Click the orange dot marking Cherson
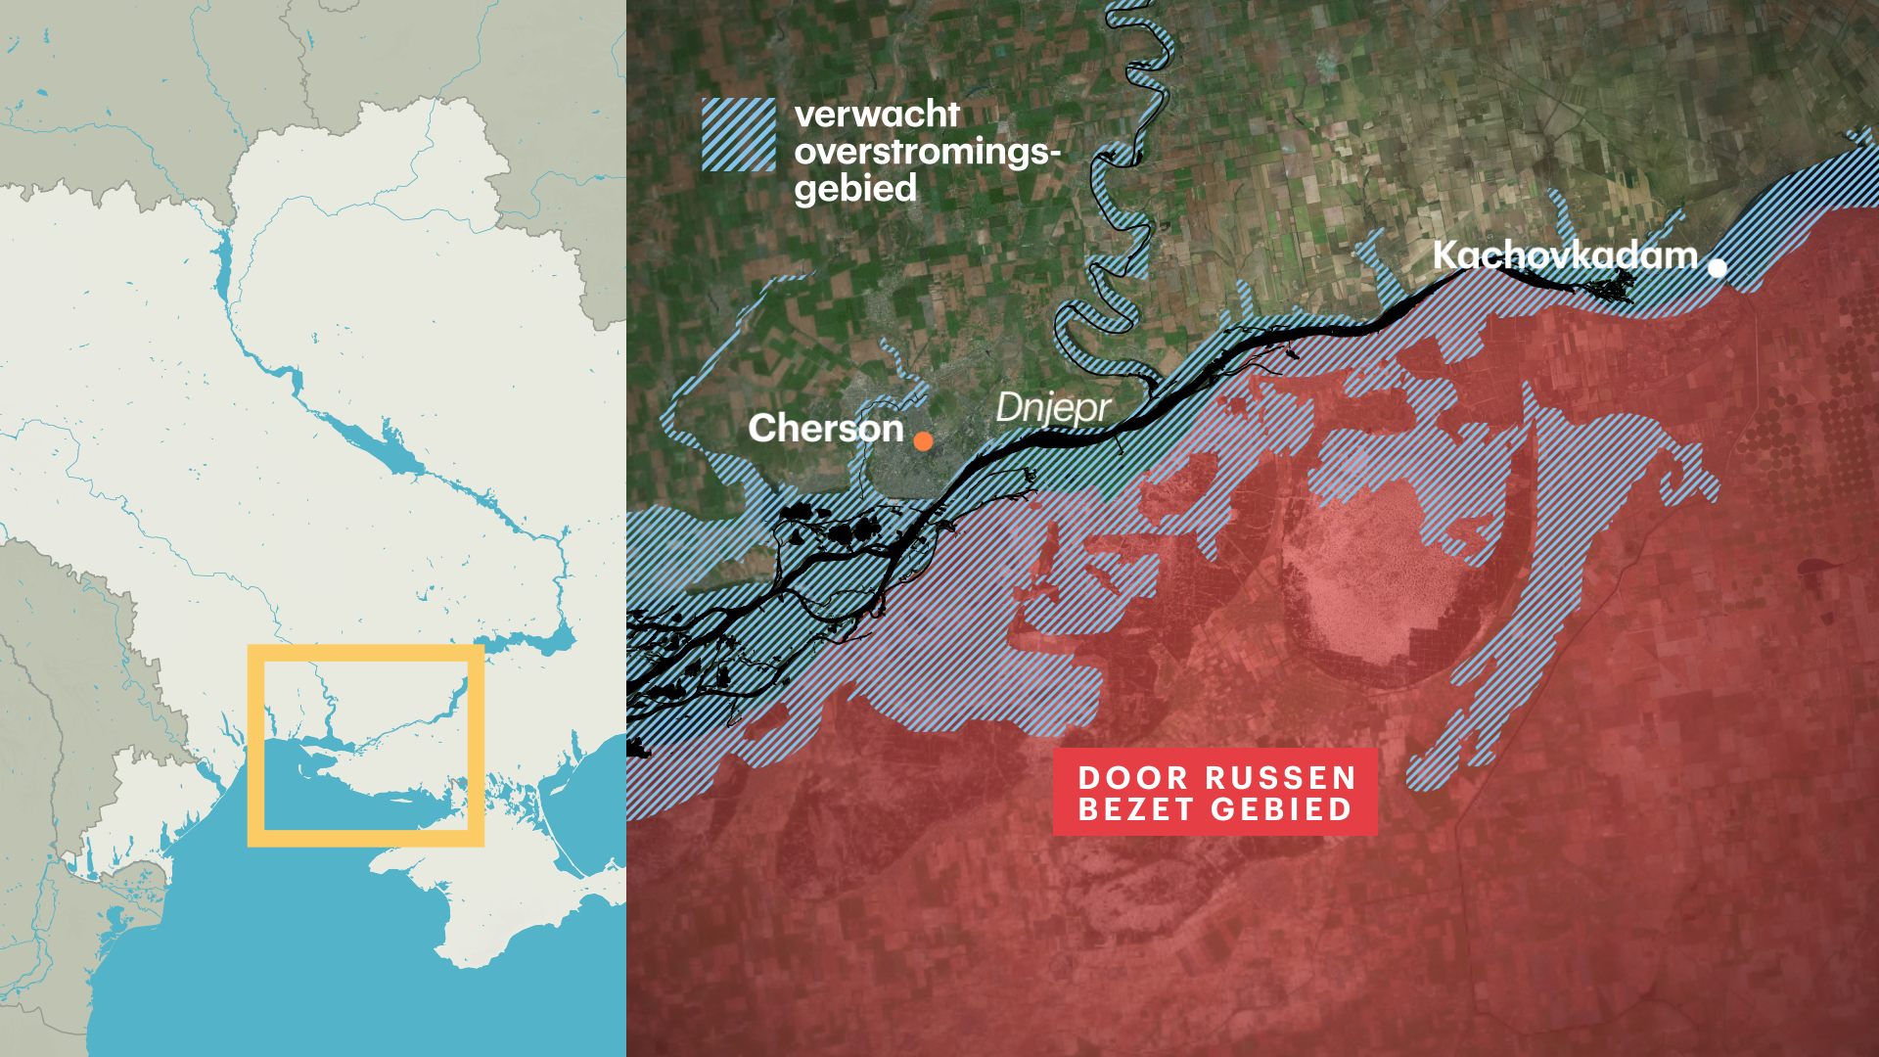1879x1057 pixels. click(923, 441)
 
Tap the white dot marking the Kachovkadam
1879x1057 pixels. click(1718, 267)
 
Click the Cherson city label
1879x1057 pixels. click(825, 429)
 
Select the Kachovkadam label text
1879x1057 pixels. click(1564, 255)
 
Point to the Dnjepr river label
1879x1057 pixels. click(1053, 407)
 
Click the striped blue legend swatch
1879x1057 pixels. click(739, 135)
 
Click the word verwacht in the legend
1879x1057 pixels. click(877, 115)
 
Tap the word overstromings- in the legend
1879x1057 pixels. click(927, 152)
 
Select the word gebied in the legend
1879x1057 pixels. click(855, 189)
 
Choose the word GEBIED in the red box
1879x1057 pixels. click(1282, 809)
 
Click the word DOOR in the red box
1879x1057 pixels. click(1132, 778)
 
